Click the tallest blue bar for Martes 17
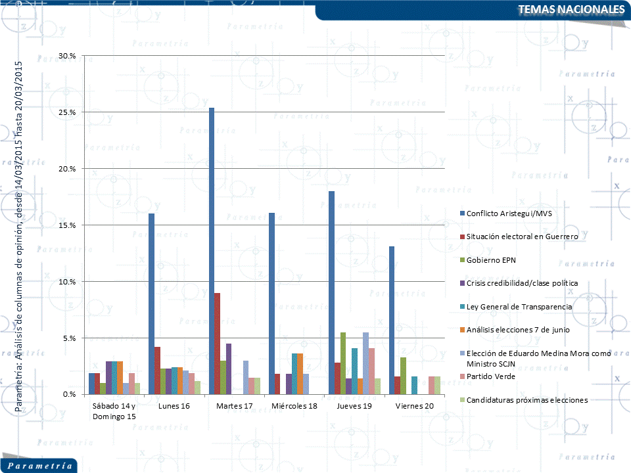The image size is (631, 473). tap(212, 251)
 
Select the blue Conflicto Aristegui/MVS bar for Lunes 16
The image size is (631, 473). tap(151, 304)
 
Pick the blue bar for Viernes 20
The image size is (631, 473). tap(392, 321)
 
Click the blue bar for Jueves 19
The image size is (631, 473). tap(331, 293)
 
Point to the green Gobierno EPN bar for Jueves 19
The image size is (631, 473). tap(343, 363)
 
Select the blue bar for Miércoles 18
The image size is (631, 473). tap(271, 304)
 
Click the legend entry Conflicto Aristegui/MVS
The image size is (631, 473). tap(505, 213)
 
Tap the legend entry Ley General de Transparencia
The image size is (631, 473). tap(519, 307)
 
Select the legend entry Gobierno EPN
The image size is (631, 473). tap(491, 259)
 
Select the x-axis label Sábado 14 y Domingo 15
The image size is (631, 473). tap(114, 411)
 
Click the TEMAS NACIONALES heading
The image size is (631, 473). tap(571, 9)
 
